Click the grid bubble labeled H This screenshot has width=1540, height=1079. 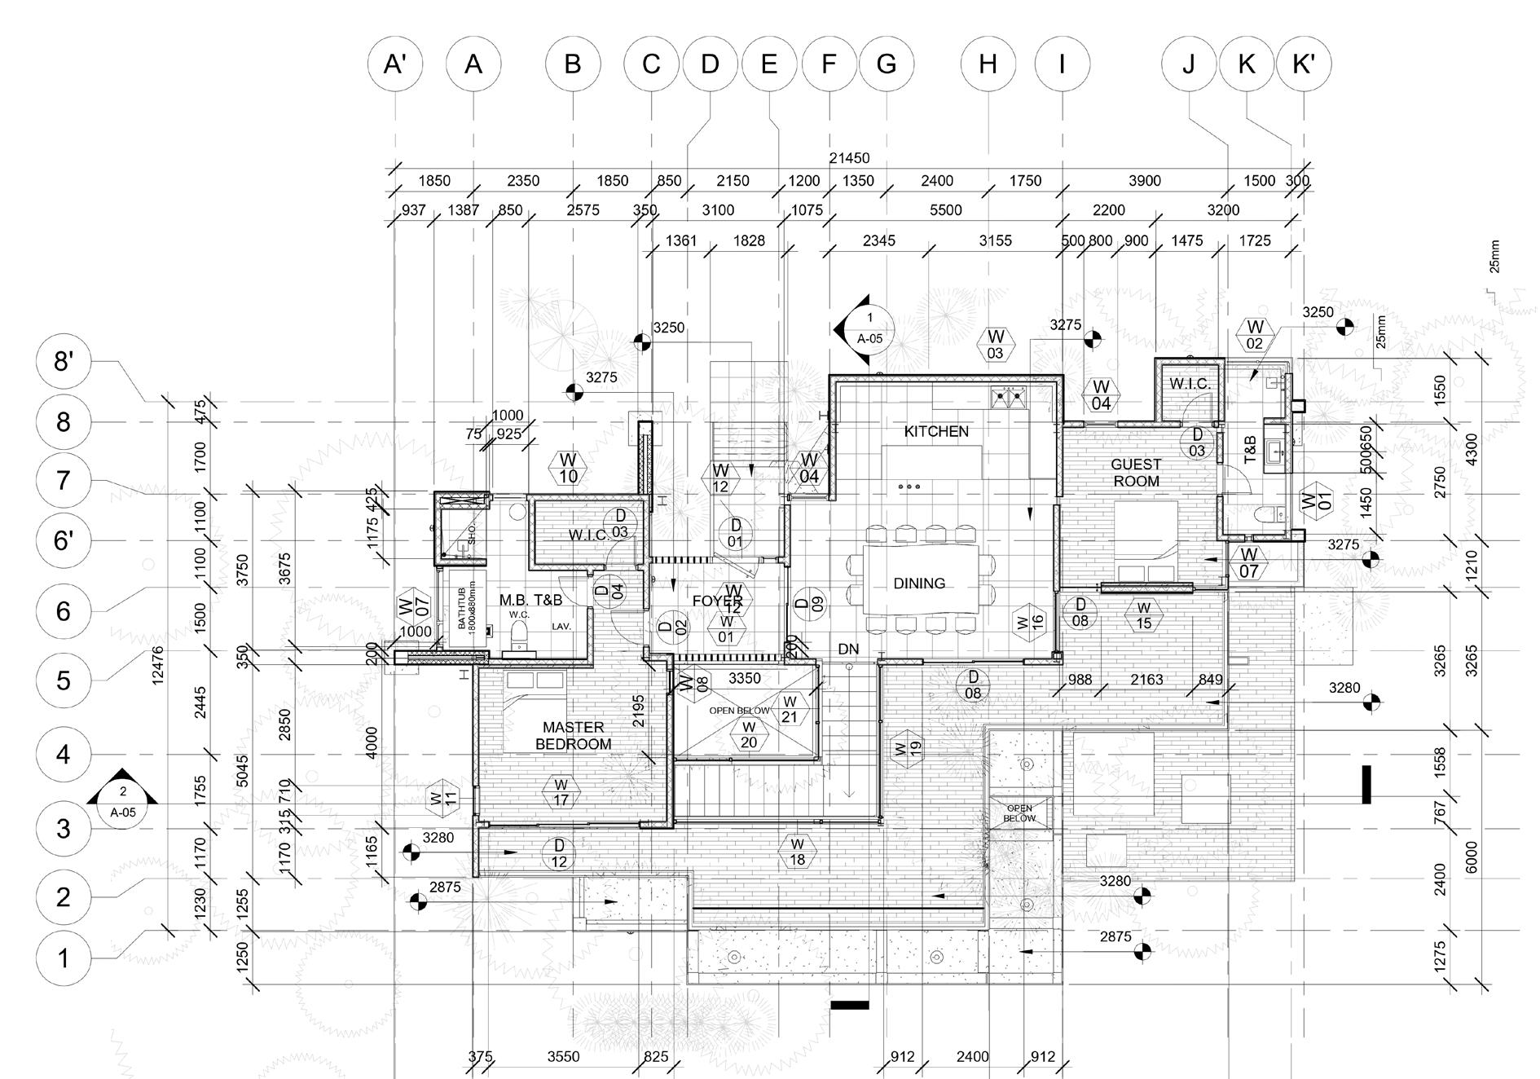tap(988, 64)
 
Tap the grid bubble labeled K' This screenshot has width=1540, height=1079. tap(1304, 64)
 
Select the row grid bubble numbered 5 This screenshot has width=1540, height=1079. tap(64, 680)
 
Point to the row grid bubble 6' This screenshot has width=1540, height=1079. tap(64, 540)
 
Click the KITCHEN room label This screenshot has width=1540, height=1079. tap(936, 431)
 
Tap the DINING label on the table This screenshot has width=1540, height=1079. tap(919, 583)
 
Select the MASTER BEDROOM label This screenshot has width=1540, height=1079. tap(573, 735)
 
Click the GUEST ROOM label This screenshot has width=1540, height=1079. tap(1136, 473)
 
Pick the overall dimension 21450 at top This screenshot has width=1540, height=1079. tap(849, 158)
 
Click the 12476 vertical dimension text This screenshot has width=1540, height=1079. tap(158, 665)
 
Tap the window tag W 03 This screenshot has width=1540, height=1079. tap(995, 344)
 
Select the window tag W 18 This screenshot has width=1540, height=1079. tap(797, 851)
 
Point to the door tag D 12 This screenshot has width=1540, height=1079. tap(559, 853)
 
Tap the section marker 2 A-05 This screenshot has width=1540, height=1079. tap(122, 801)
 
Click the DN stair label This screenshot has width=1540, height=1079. tap(848, 649)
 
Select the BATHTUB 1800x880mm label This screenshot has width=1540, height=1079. tap(464, 612)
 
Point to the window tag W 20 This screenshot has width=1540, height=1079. tap(749, 735)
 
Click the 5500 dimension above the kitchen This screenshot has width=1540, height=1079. tap(945, 210)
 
